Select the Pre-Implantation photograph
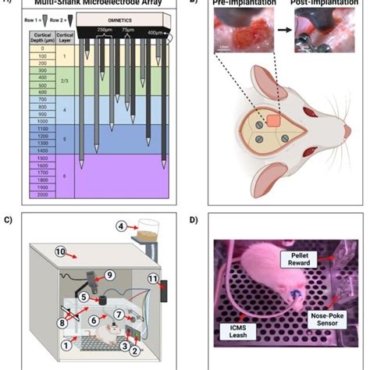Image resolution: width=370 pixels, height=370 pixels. [242, 35]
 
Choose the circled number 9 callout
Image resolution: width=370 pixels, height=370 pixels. [109, 274]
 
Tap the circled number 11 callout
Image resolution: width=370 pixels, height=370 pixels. [154, 279]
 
